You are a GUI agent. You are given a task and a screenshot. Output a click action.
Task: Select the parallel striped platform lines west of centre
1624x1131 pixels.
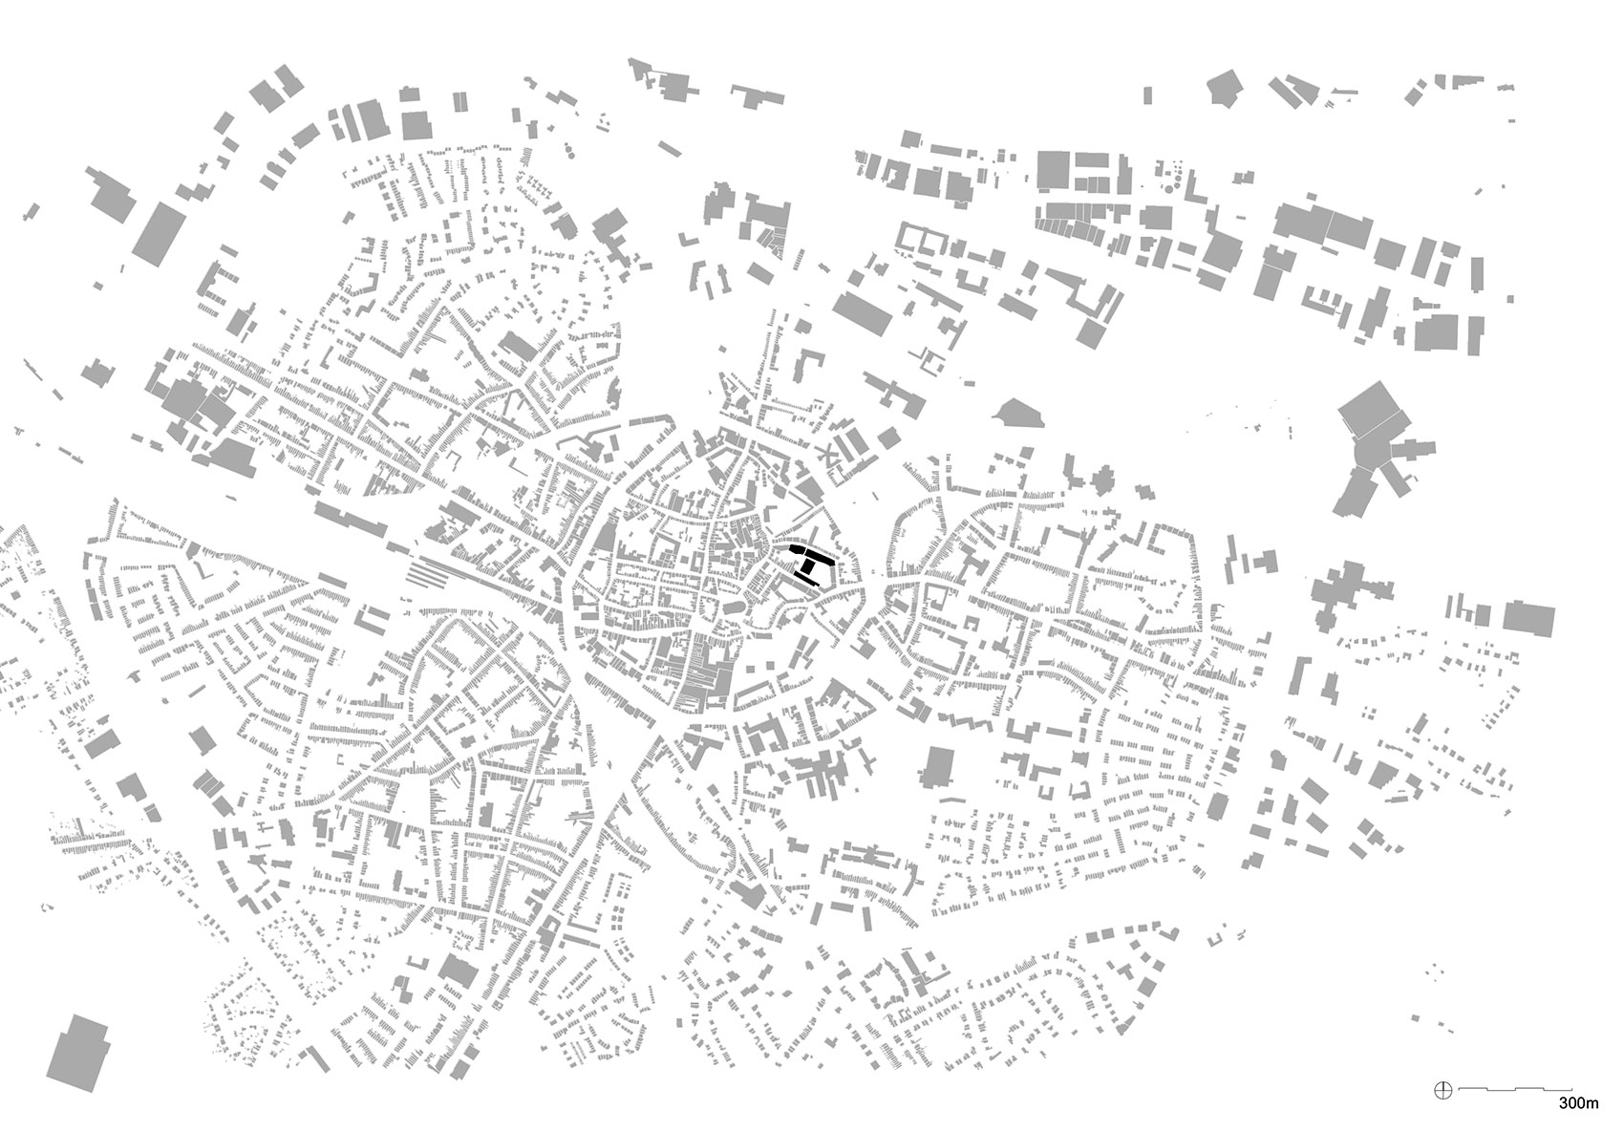pos(427,574)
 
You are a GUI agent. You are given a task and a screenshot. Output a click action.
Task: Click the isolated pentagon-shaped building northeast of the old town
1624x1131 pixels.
pos(1017,413)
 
